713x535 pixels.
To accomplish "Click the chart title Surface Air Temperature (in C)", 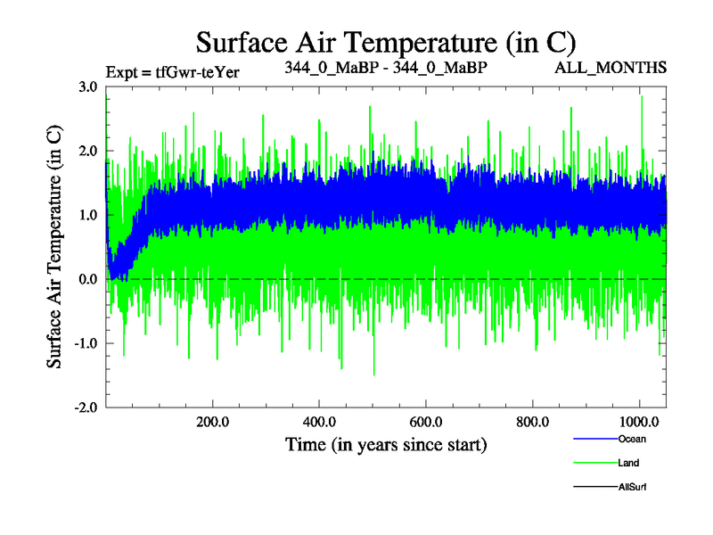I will tap(385, 42).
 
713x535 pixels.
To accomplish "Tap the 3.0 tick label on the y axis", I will tap(87, 87).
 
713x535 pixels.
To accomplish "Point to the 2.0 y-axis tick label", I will tap(87, 152).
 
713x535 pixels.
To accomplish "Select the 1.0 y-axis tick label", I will tap(87, 215).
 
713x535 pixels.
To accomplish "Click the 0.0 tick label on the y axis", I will tap(87, 279).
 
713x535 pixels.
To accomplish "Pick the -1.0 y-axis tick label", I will tap(85, 343).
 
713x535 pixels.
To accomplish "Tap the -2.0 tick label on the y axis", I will tap(85, 407).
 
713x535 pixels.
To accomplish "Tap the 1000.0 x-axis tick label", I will tap(638, 422).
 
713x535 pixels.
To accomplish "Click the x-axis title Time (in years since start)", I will tap(386, 443).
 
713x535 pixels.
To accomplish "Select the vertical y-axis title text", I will tap(54, 247).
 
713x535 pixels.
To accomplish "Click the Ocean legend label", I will tap(631, 439).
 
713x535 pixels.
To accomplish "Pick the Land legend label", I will tap(628, 463).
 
